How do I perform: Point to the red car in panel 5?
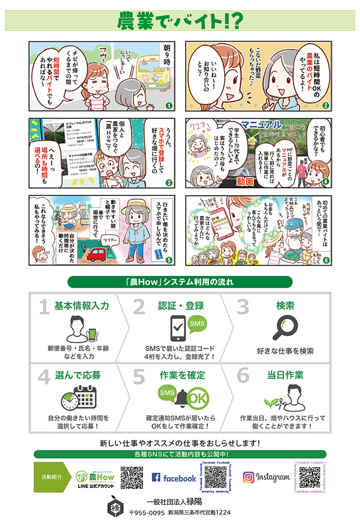[98, 253]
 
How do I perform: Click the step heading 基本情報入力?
[82, 306]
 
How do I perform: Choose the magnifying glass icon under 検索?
[286, 329]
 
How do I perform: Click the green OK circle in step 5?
[197, 398]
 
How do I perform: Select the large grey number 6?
[243, 377]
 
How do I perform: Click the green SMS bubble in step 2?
[197, 323]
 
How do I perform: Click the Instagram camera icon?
[248, 477]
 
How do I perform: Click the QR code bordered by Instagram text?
[310, 477]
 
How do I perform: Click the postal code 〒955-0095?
[147, 512]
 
